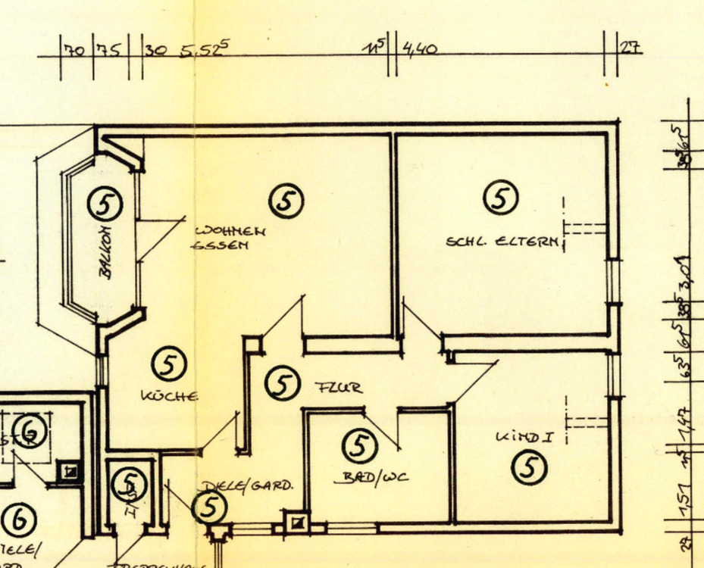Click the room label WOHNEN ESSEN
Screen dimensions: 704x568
coord(230,238)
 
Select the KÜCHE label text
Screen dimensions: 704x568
coord(170,395)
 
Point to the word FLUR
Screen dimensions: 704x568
coord(339,388)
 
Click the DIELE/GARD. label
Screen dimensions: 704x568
coord(247,485)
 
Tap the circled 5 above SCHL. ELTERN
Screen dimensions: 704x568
coord(500,197)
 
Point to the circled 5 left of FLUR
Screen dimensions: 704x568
coord(281,383)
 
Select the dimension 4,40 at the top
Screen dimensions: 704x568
coord(421,50)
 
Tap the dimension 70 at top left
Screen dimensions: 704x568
coord(74,51)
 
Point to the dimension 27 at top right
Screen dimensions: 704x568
coord(630,48)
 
